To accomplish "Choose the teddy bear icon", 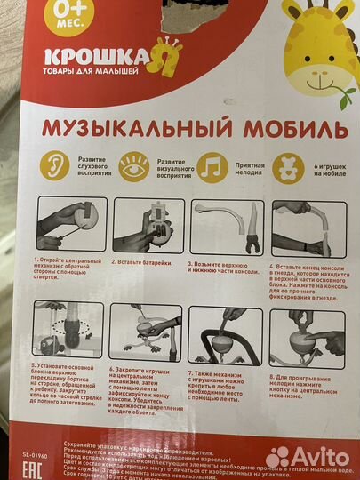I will click(x=292, y=167).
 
